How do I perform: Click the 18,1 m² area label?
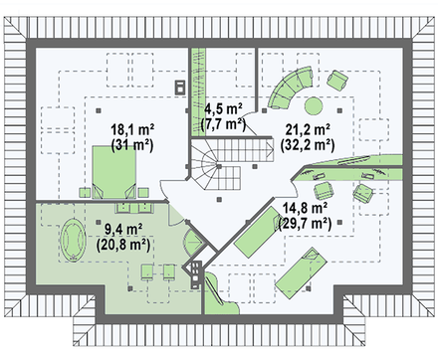(132, 129)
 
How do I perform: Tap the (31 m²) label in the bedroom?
(132, 145)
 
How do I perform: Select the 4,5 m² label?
(223, 108)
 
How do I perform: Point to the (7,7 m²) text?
(223, 124)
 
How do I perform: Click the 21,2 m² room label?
(308, 129)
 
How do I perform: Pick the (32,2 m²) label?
(308, 145)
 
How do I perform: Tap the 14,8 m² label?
(305, 208)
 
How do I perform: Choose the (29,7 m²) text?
(305, 224)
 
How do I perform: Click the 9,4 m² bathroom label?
(123, 229)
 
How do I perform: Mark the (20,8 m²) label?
(123, 245)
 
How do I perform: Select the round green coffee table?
(314, 105)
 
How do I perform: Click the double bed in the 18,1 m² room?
(113, 172)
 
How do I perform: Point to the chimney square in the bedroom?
(180, 87)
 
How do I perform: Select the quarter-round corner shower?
(193, 243)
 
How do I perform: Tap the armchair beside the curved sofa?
(337, 80)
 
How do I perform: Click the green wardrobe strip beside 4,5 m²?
(198, 91)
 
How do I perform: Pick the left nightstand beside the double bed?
(85, 193)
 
